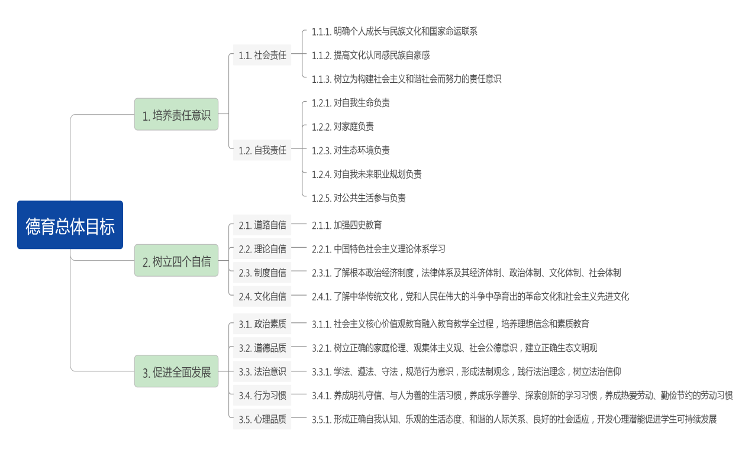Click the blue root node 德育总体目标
click(70, 225)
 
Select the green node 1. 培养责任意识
click(176, 115)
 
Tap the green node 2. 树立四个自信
click(176, 261)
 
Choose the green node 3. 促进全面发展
click(176, 372)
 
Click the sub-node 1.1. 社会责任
click(262, 56)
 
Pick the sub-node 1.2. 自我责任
click(262, 150)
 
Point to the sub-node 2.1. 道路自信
click(262, 225)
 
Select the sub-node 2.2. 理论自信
click(262, 249)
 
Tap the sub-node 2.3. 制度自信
click(262, 273)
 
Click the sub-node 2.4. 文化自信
click(262, 296)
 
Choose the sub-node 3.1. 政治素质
click(262, 324)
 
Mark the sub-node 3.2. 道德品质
click(262, 348)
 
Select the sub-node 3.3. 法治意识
click(262, 372)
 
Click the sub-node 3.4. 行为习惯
click(262, 396)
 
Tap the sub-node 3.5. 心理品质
click(262, 419)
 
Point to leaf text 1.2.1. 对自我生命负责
click(351, 103)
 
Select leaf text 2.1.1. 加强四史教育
click(347, 225)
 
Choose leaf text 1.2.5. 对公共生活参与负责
click(359, 198)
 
